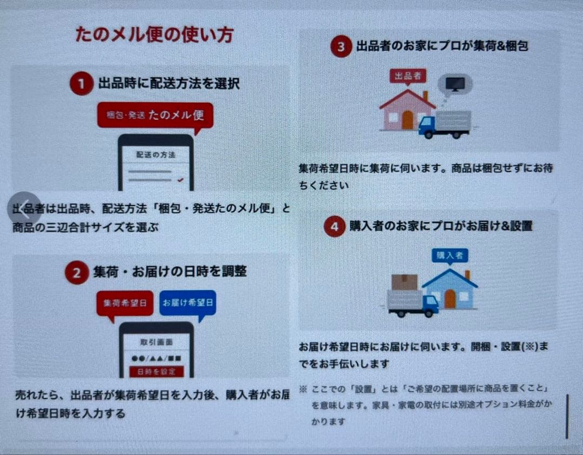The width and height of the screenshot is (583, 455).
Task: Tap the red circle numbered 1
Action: coord(82,84)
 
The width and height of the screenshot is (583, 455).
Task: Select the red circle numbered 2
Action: coord(77,273)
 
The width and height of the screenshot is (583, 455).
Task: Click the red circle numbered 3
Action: coord(341,47)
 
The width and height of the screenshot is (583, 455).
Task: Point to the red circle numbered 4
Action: coord(335,227)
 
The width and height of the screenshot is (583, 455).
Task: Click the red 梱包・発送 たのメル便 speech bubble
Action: coord(155,116)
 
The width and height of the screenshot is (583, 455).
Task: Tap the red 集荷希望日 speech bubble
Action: coord(125,303)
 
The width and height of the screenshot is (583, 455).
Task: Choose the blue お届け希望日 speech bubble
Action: coord(187,303)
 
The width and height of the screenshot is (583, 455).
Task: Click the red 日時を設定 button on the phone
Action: coord(156,371)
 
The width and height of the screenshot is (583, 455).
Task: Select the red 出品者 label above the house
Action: coord(408,76)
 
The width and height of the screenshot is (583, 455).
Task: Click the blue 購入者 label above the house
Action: coord(450,255)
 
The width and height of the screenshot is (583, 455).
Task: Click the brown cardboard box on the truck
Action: coord(405,282)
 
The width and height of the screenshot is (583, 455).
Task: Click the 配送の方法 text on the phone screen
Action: coord(156,154)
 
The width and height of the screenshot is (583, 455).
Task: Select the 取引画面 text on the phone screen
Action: coord(156,342)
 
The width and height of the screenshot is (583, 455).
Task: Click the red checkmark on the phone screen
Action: coord(180,180)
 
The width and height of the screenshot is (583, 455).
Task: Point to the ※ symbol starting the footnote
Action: coord(303,389)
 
